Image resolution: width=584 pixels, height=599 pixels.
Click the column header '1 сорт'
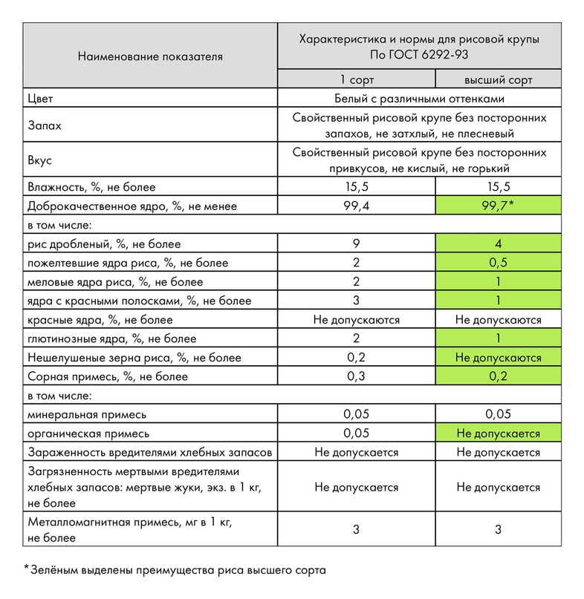(356, 79)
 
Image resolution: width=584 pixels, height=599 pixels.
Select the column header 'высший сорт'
(498, 79)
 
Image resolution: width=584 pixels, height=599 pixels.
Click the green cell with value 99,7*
(498, 206)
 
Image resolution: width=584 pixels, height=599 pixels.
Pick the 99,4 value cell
(356, 206)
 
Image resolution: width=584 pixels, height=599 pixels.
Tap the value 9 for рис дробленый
(356, 244)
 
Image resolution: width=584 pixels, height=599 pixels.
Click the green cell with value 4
(498, 244)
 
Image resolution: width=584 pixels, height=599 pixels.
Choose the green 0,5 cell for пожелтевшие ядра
(498, 263)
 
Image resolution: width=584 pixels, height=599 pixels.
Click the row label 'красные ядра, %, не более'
(100, 320)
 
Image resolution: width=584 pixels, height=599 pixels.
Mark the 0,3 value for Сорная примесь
(356, 376)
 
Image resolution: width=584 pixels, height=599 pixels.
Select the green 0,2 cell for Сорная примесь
(498, 376)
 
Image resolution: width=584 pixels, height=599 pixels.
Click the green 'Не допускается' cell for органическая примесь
(498, 433)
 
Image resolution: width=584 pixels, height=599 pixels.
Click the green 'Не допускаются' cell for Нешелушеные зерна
(498, 358)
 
